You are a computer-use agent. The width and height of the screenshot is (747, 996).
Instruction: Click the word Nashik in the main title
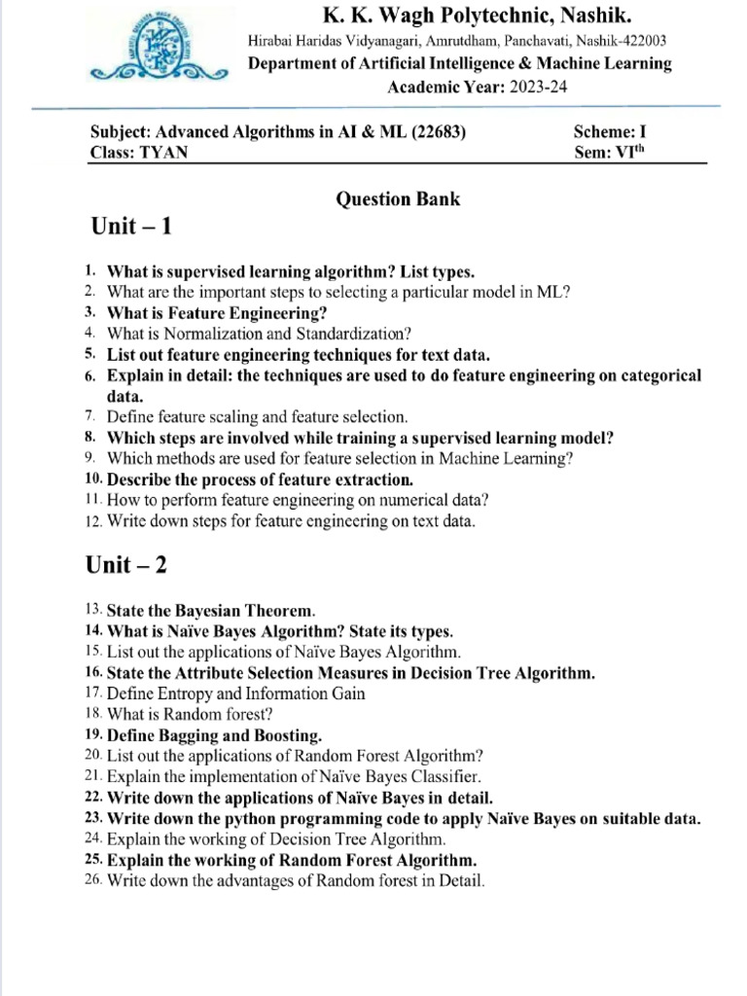tap(581, 15)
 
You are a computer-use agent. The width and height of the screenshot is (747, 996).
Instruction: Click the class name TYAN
tap(165, 152)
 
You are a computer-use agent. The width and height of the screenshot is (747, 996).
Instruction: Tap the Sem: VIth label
tap(610, 152)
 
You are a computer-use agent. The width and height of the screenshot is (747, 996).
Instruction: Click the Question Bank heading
tap(398, 199)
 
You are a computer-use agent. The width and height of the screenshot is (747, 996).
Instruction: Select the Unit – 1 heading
tap(132, 227)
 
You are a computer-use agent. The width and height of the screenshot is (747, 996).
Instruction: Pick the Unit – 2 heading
tap(132, 564)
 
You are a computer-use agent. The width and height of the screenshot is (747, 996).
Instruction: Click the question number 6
tap(90, 375)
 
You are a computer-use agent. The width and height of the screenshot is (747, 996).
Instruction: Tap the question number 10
tap(93, 480)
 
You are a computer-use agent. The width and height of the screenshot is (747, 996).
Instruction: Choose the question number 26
tap(93, 881)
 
